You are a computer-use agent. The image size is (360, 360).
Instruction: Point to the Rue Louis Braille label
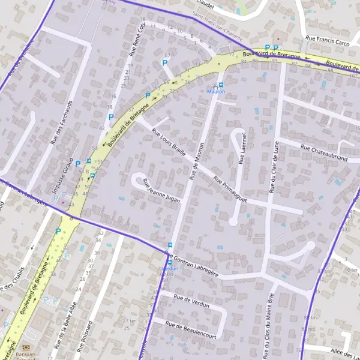click(169, 142)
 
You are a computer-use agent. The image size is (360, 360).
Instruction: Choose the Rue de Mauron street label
click(197, 161)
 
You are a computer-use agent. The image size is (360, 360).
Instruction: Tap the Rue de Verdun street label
click(191, 301)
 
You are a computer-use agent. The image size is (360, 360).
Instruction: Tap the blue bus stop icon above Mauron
click(221, 85)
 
